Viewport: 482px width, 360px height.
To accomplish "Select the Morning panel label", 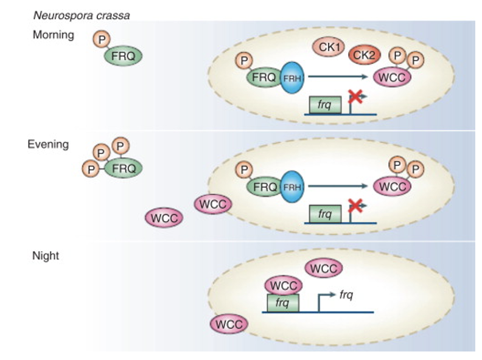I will point(53,35).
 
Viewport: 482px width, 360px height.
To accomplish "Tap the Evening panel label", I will point(48,145).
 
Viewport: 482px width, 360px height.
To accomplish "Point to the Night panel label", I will point(46,256).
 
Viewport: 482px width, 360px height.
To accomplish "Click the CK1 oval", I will point(329,47).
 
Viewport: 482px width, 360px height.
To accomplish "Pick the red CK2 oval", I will point(365,56).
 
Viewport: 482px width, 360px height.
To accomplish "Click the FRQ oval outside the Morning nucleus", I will point(124,57).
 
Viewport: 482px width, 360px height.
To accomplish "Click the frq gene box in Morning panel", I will point(324,105).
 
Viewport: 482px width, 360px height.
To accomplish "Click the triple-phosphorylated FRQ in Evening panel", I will point(124,168).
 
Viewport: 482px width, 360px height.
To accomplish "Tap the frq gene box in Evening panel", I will point(324,214).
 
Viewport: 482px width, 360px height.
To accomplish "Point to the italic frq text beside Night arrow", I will point(346,295).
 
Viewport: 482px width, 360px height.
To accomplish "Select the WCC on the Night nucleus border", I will point(228,324).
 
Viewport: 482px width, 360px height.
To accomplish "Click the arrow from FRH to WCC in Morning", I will point(338,77).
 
